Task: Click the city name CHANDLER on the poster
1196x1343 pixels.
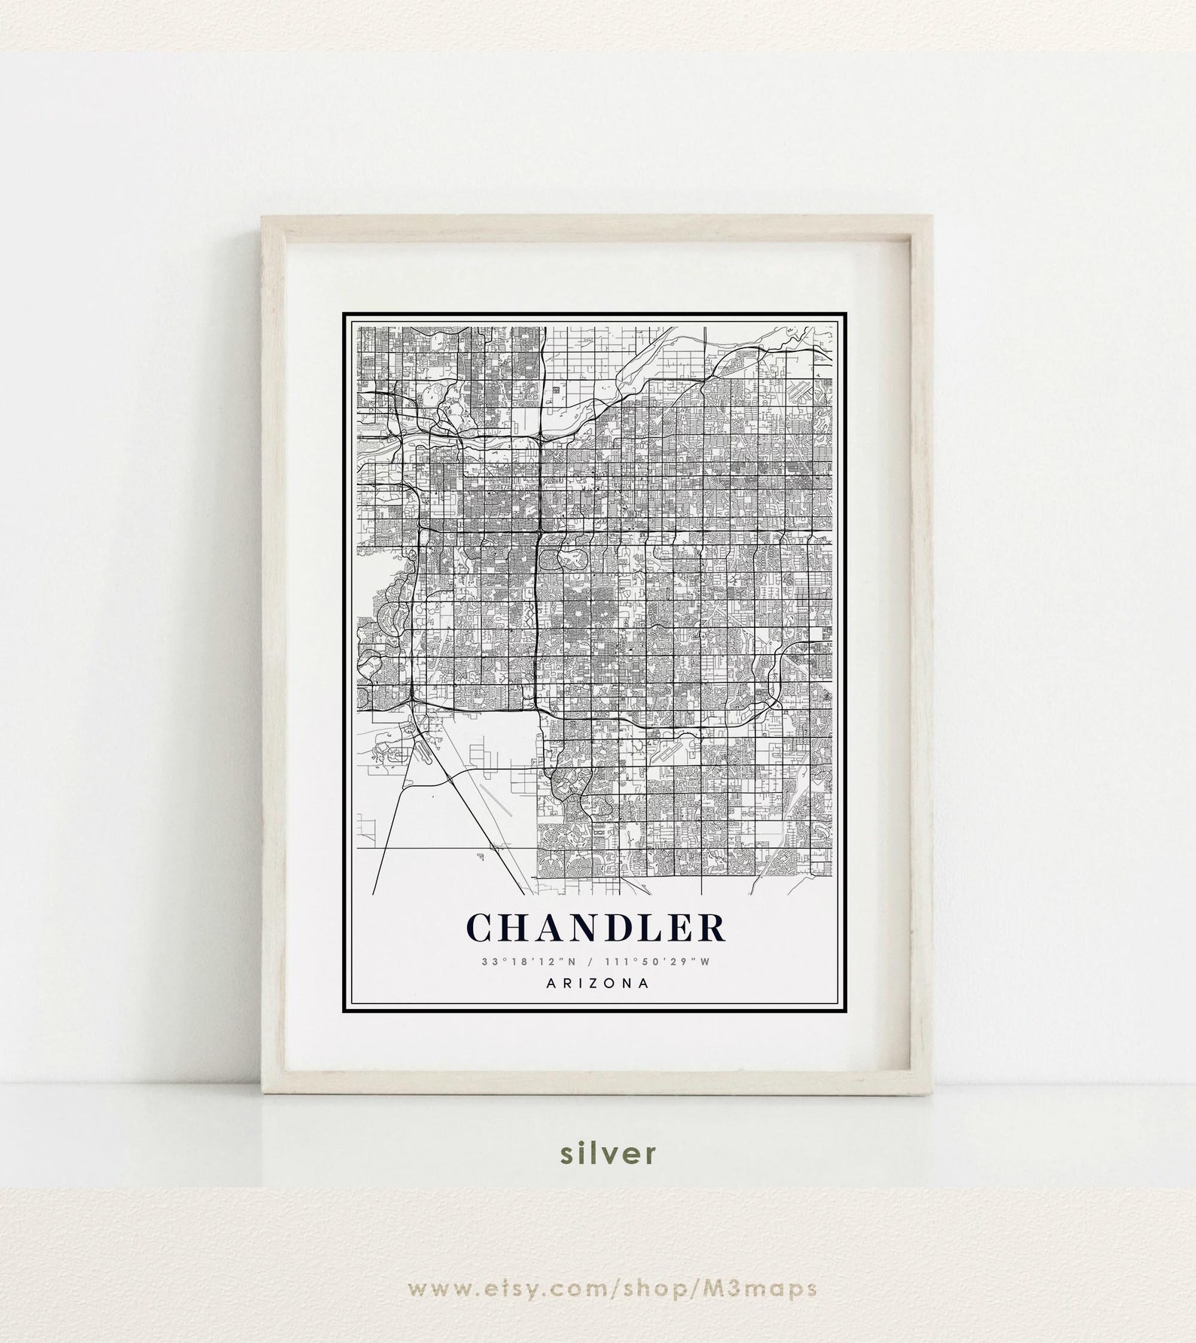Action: click(x=596, y=928)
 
